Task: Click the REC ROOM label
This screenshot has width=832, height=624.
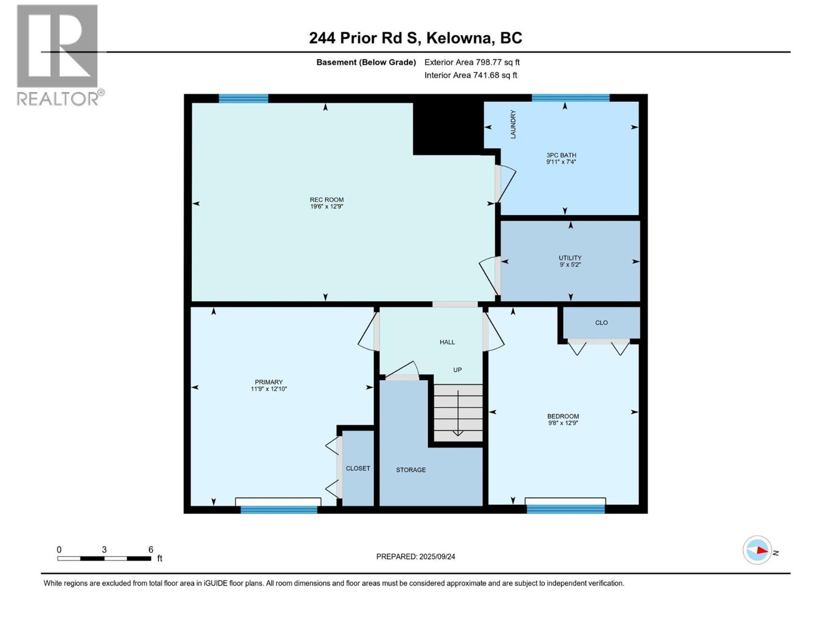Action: [x=327, y=200]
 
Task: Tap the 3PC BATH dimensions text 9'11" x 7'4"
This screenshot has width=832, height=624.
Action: [x=561, y=162]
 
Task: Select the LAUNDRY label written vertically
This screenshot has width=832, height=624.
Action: [x=513, y=124]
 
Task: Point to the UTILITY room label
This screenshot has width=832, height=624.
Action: [x=570, y=257]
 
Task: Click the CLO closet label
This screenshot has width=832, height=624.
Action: [x=601, y=322]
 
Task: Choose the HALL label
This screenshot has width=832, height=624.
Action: [x=447, y=342]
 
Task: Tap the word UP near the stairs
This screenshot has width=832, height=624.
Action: [x=457, y=370]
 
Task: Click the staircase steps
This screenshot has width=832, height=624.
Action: [x=458, y=413]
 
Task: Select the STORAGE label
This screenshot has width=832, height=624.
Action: [x=411, y=470]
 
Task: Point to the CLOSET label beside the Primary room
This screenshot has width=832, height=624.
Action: [x=358, y=469]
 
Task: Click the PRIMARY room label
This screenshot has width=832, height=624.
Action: [x=269, y=382]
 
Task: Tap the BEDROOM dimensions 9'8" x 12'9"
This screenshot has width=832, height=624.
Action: [x=563, y=423]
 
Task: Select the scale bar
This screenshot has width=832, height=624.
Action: [x=104, y=558]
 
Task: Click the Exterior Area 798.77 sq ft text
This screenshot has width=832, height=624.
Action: [x=472, y=62]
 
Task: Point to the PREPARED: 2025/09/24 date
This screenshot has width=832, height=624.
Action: [x=415, y=556]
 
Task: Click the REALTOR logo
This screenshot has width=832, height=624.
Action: [x=61, y=55]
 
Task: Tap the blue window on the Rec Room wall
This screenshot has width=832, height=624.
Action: [x=243, y=98]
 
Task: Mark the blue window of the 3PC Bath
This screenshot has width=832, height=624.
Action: [x=570, y=98]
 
